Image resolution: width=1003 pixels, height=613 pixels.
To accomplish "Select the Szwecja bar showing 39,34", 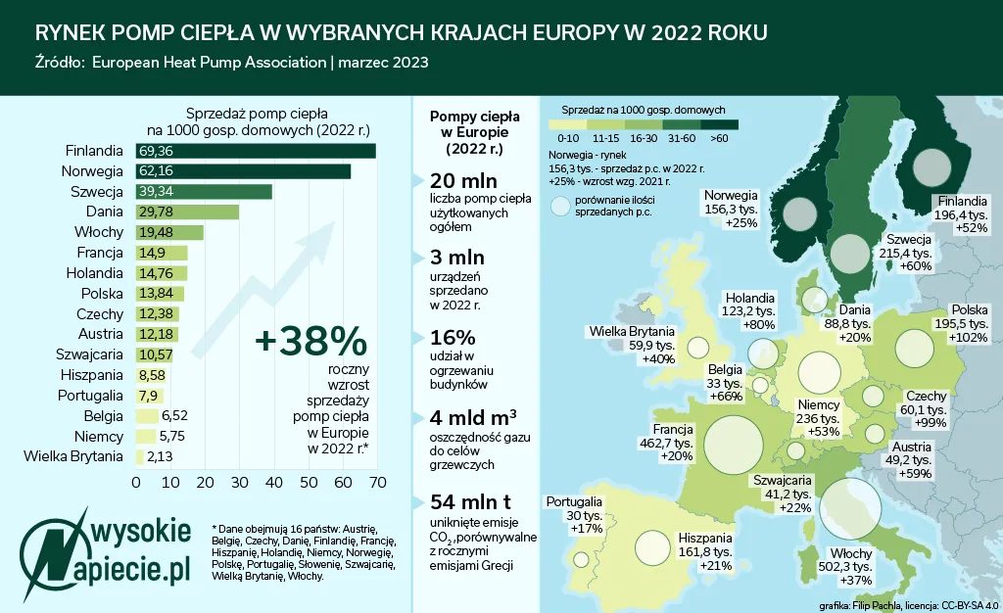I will pos(204,191).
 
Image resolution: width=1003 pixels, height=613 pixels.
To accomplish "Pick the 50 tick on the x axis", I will pos(308,483).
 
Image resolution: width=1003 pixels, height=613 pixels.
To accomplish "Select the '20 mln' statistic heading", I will pos(464,182).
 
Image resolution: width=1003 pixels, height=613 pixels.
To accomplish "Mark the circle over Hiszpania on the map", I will pos(655,551).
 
